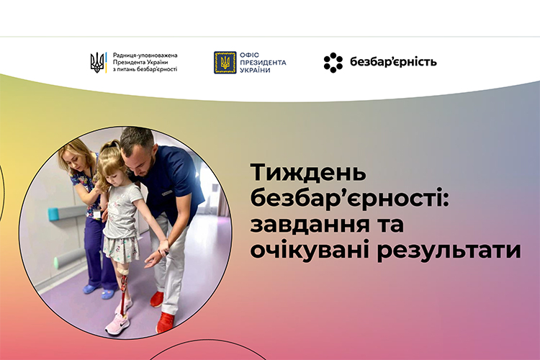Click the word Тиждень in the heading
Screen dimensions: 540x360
308,174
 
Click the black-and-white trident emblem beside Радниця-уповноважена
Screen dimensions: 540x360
99,63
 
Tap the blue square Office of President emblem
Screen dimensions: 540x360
225,63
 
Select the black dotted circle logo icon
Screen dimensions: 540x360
333,63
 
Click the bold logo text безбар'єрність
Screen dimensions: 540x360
393,62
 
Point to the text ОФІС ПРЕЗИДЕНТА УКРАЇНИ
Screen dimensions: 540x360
263,63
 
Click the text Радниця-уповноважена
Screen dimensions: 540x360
145,55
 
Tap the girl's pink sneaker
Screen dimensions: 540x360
117,324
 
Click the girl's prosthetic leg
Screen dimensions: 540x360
123,290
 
